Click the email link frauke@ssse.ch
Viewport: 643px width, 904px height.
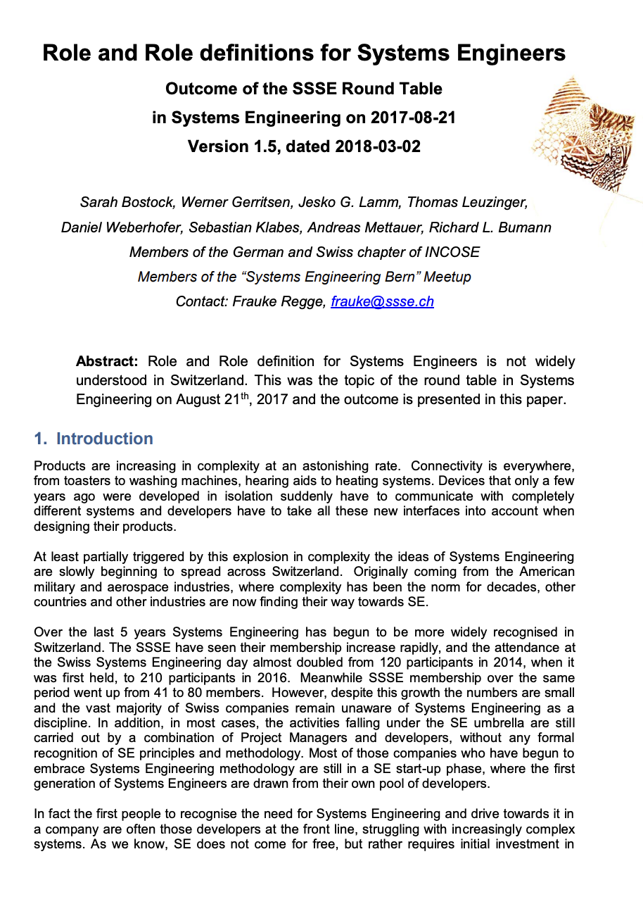tap(382, 301)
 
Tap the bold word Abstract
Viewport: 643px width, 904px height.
tap(107, 361)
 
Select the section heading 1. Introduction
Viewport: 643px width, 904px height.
tap(94, 439)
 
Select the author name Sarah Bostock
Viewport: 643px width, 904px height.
tap(127, 203)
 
